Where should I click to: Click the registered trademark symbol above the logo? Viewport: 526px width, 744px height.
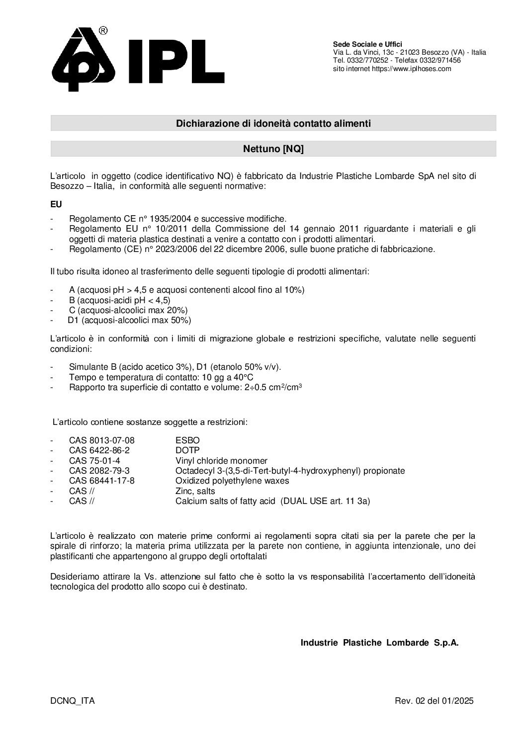point(103,31)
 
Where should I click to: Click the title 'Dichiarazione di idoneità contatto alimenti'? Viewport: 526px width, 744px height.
point(273,123)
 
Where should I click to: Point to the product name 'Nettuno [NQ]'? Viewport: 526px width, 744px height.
point(273,149)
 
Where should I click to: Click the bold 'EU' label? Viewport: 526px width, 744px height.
point(56,204)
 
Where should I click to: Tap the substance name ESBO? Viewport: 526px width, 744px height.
point(187,440)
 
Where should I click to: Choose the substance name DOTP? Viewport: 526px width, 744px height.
point(187,450)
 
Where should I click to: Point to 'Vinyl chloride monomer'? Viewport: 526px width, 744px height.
point(221,461)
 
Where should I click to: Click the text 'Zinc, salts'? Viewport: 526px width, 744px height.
point(195,491)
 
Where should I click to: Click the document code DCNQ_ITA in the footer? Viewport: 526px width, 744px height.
point(73,701)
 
